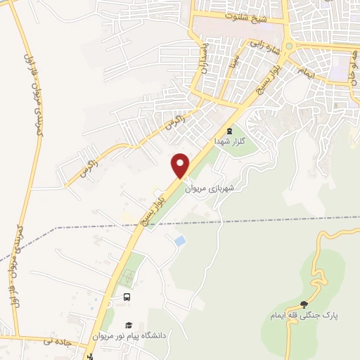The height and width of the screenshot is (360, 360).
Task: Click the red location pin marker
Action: [181, 165]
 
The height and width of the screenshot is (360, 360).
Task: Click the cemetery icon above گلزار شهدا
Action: [228, 131]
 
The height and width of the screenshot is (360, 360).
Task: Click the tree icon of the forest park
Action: [304, 304]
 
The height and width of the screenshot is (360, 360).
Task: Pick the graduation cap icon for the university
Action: [129, 325]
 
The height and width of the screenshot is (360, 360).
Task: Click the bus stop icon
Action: [127, 297]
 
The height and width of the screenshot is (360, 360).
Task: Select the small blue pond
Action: [181, 241]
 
